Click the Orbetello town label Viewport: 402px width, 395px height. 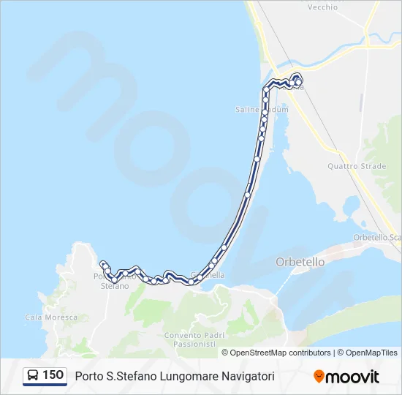tap(300, 261)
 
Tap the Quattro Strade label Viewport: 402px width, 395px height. tap(357, 166)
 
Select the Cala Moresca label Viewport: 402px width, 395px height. tap(51, 317)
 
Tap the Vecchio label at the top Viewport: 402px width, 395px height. tap(322, 7)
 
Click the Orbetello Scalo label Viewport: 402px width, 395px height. tap(377, 237)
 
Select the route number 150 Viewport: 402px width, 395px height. tap(53, 375)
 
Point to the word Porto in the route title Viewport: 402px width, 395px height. tap(89, 376)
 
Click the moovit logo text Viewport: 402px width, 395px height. tap(352, 377)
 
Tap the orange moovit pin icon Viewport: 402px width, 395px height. tap(319, 377)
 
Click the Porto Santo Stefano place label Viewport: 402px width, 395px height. tap(113, 281)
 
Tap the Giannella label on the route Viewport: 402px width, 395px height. tap(208, 275)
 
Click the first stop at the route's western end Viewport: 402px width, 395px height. tap(103, 264)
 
